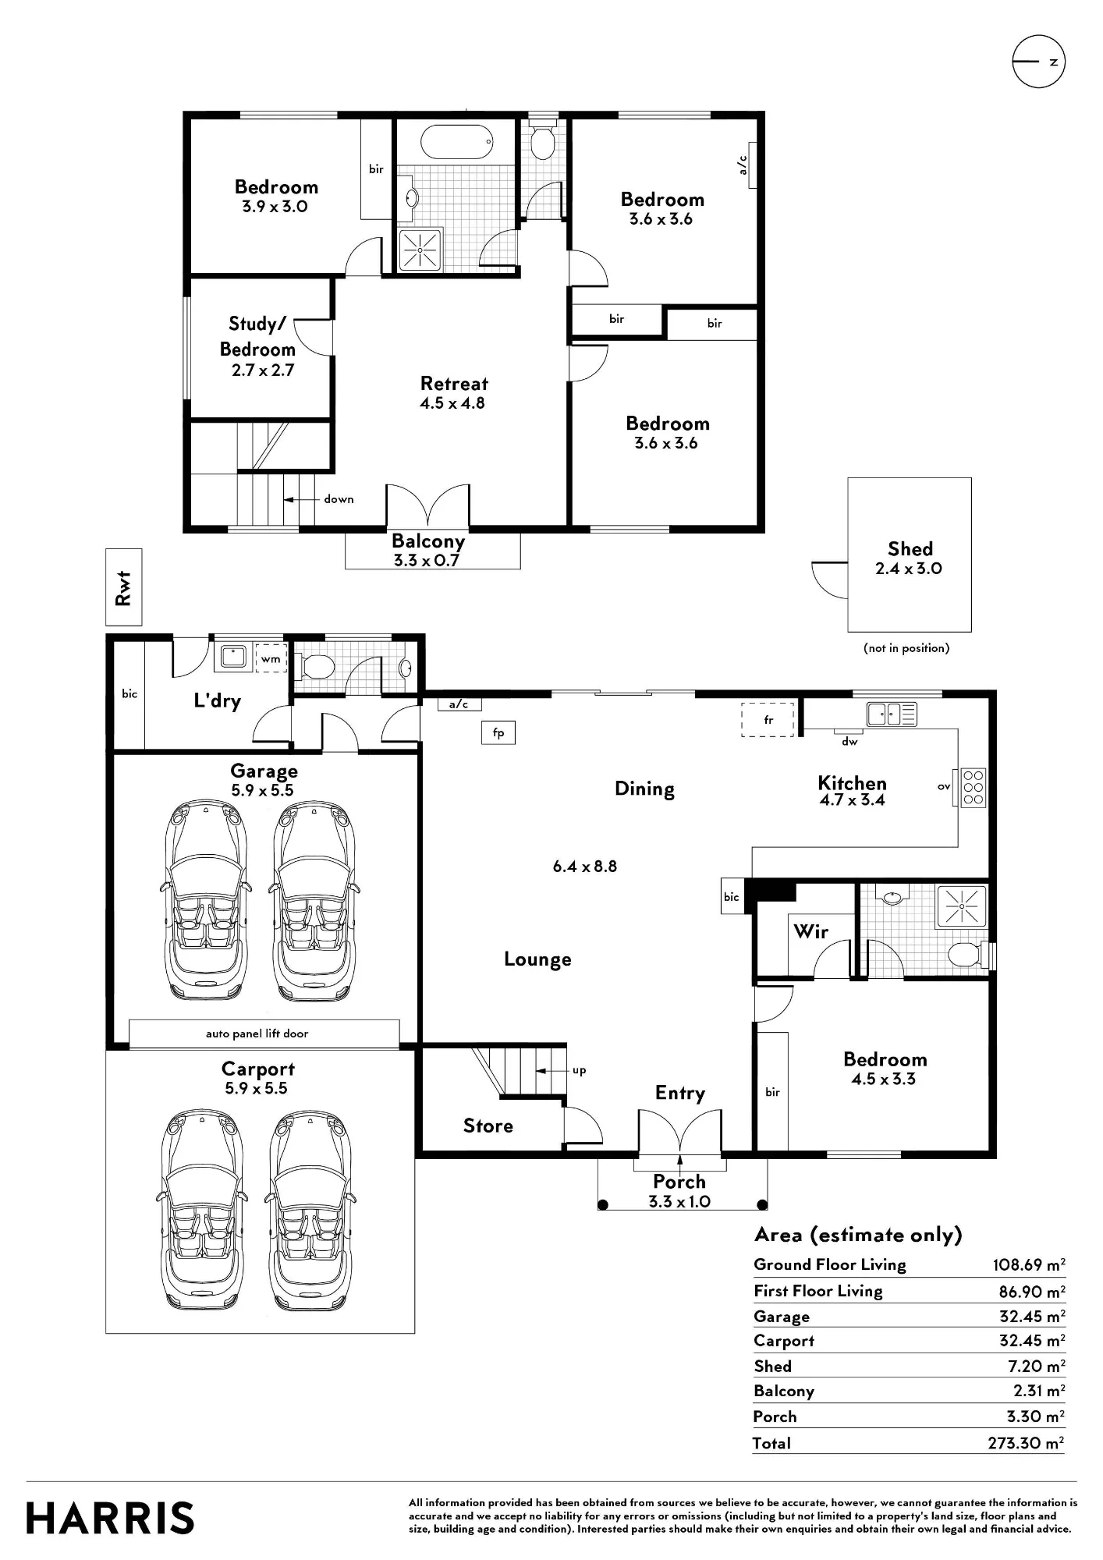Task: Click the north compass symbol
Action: point(1038,62)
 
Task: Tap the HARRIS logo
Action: point(110,1518)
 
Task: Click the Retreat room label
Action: point(454,384)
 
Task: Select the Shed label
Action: point(910,549)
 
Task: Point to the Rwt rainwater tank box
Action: point(124,587)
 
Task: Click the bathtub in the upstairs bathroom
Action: point(457,142)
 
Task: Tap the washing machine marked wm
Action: point(271,658)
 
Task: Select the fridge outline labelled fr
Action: point(768,720)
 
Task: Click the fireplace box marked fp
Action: point(498,732)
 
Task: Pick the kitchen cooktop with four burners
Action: point(974,788)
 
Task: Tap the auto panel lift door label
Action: point(257,1033)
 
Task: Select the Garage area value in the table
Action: point(1032,1317)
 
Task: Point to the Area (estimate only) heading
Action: point(858,1235)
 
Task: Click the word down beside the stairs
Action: point(339,499)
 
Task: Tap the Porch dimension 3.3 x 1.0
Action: point(679,1202)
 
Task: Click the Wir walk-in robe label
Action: point(810,931)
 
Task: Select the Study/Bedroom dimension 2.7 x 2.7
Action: point(263,370)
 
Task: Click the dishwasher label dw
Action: point(849,742)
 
